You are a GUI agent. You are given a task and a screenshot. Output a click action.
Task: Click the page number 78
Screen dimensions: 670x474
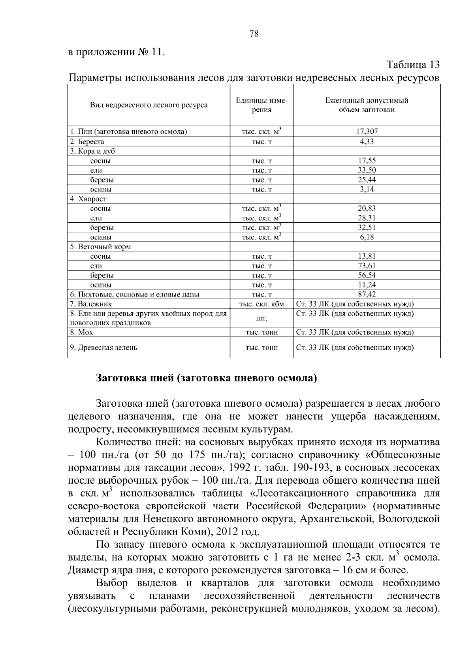[x=254, y=34]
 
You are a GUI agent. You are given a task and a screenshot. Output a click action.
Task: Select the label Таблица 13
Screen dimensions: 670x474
[x=413, y=65]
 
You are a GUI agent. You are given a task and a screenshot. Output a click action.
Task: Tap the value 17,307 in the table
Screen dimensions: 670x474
[x=367, y=131]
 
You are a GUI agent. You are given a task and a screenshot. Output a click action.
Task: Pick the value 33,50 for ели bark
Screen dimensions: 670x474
[x=367, y=170]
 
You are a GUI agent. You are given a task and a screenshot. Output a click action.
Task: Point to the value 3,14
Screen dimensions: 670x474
[x=367, y=189]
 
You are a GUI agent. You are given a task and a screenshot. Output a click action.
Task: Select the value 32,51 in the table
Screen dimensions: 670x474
[x=367, y=227]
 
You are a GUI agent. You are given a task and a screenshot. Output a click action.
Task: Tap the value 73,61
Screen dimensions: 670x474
[x=367, y=266]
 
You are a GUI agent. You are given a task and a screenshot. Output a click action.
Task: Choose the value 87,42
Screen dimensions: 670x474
[x=367, y=294]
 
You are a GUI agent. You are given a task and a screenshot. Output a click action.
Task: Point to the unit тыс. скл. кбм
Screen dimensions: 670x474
[x=261, y=304]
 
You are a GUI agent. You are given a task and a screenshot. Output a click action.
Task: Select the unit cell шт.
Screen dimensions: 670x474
[x=261, y=318]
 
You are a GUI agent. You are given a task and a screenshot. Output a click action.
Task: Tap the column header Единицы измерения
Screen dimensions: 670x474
[x=261, y=105]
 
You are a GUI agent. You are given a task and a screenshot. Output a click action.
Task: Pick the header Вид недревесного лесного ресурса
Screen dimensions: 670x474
[x=149, y=105]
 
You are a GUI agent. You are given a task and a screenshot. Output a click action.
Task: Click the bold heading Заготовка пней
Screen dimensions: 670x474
[x=207, y=378]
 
